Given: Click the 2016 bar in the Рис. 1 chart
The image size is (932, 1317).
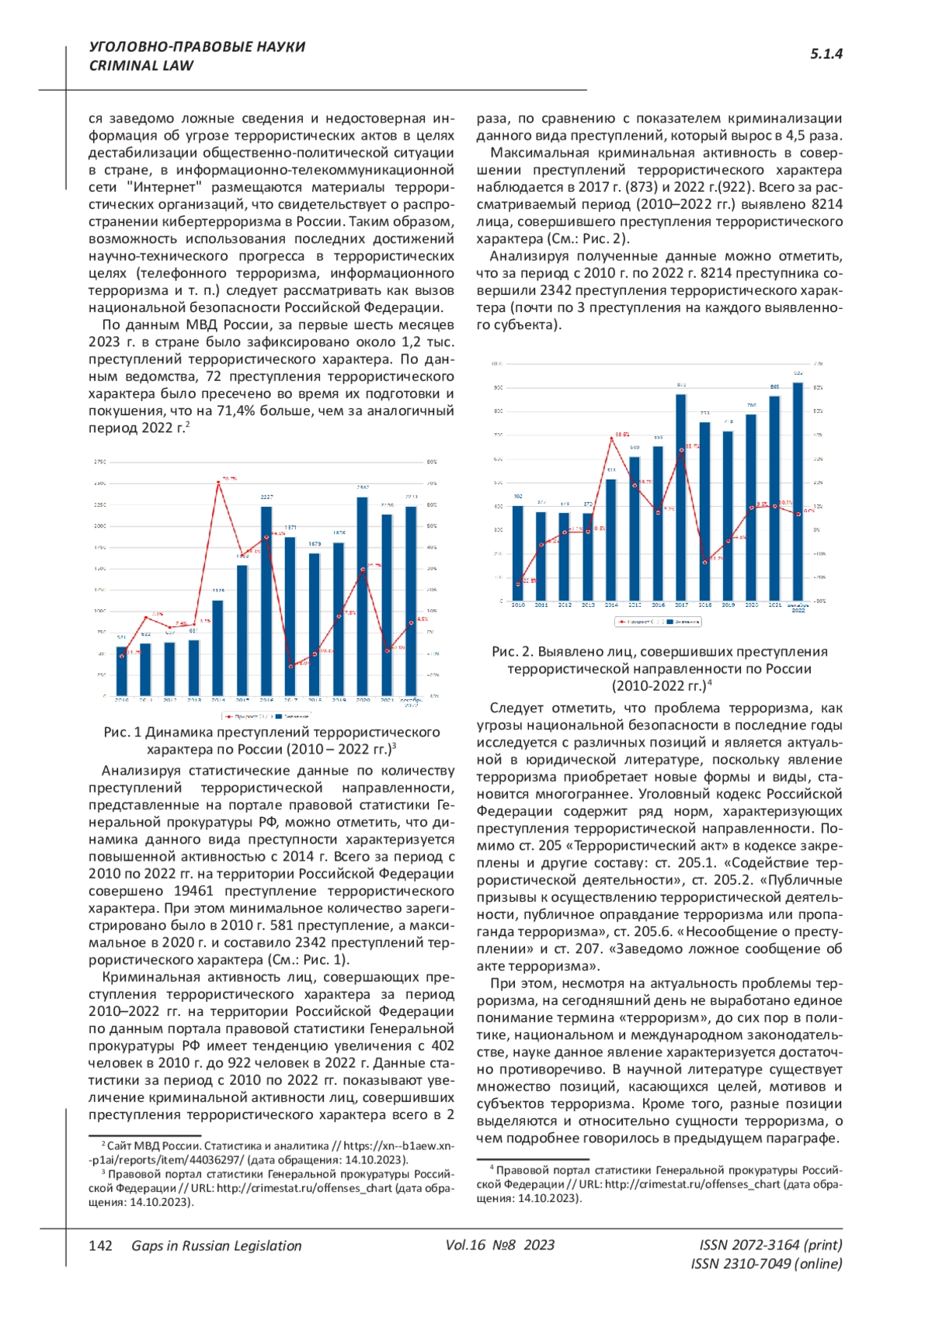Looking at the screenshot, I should coord(266,601).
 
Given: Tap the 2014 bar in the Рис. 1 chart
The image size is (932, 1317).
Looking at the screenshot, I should coord(218,648).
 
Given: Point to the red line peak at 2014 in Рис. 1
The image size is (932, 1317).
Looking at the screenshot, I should coord(218,483).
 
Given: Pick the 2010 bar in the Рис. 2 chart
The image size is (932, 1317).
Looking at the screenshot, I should coord(518,553).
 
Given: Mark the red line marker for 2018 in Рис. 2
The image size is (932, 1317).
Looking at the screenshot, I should coord(705,562).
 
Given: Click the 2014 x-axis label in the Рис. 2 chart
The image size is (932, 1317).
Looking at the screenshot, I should coord(611,605).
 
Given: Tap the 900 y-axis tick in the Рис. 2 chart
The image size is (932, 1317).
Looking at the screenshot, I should coord(498,387).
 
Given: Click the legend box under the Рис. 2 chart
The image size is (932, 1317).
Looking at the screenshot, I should coord(658,622).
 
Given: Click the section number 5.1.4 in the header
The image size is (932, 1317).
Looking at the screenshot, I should coord(826,54).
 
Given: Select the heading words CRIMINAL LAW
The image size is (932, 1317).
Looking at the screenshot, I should coord(141,66).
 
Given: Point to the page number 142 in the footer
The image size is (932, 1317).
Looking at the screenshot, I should coord(101,1246).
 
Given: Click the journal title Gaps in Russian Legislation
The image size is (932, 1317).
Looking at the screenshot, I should coord(217,1246).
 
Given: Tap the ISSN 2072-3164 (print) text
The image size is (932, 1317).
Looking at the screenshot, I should coord(770,1245).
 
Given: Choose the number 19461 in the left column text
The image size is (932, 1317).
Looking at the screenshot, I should coord(193,891).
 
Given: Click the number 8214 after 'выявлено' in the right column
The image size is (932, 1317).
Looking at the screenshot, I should coord(826,204).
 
